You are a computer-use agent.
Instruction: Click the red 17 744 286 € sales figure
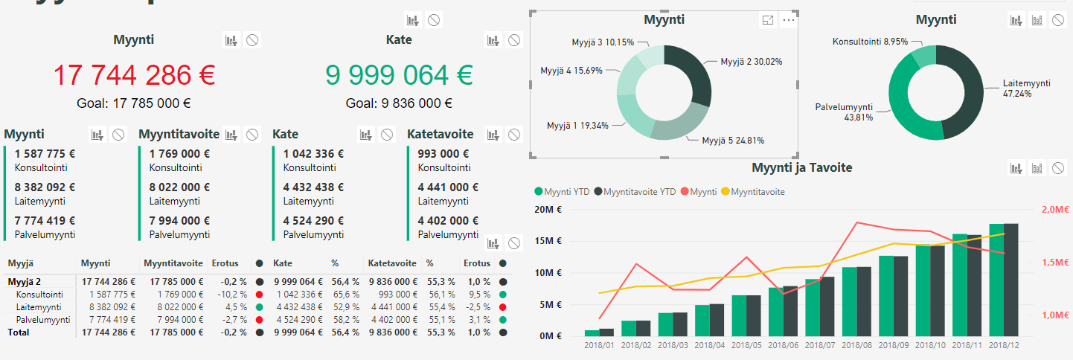[x=134, y=75]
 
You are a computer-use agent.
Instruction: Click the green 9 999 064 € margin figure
[x=399, y=75]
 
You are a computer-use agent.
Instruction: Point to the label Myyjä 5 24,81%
[x=733, y=140]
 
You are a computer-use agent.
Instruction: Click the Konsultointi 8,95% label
[x=870, y=42]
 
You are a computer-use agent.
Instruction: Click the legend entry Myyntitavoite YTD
[x=639, y=192]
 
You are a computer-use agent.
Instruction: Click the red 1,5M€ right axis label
[x=1056, y=263]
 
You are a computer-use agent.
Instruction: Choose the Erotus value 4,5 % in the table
[x=234, y=306]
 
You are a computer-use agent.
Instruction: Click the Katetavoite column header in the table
[x=391, y=263]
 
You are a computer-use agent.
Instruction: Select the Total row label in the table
[x=19, y=332]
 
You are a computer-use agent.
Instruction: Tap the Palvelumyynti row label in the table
[x=43, y=320]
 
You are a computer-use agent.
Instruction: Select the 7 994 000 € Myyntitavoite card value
[x=179, y=220]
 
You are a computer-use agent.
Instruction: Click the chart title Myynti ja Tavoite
[x=801, y=167]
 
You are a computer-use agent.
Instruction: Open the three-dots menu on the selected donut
[x=789, y=20]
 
